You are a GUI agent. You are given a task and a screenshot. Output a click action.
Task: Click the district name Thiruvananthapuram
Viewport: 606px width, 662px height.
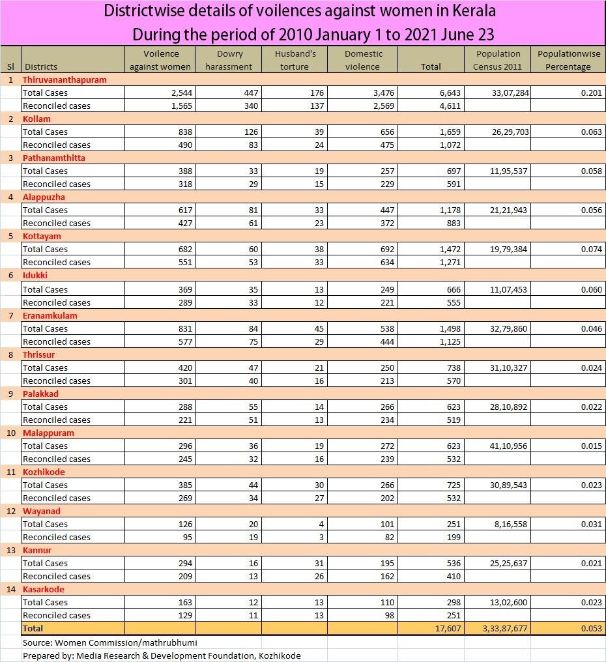point(65,79)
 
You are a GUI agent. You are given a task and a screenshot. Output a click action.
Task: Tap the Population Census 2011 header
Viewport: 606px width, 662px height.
point(498,60)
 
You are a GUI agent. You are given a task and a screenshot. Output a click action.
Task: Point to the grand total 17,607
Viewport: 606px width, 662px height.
point(445,628)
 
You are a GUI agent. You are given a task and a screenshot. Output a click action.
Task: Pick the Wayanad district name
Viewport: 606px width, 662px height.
point(41,511)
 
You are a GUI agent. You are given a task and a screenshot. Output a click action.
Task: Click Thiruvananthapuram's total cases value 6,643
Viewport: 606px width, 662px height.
point(446,93)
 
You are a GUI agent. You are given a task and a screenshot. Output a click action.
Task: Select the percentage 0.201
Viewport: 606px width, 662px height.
point(589,93)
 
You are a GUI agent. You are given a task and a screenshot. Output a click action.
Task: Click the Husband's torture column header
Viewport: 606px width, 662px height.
point(295,60)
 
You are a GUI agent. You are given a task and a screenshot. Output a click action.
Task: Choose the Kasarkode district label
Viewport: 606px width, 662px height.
point(43,589)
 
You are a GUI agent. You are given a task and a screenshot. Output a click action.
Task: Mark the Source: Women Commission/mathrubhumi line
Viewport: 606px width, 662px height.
point(109,642)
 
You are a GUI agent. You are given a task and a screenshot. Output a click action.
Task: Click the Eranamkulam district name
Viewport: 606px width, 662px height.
point(48,315)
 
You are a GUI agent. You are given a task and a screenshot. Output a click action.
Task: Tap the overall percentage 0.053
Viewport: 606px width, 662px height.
point(589,628)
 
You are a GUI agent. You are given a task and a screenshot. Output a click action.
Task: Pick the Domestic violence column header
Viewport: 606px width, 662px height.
point(363,60)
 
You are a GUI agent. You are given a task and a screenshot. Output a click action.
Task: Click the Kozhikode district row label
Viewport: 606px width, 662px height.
point(44,472)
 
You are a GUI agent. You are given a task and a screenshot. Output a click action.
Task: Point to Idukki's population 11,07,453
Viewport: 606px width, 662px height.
point(506,289)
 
